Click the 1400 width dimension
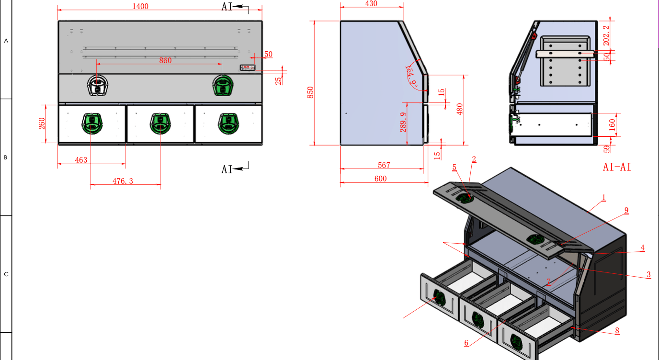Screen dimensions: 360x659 141,6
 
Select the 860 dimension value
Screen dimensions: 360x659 165,60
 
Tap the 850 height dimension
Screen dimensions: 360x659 310,92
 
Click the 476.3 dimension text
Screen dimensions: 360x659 123,181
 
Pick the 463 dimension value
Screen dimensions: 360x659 81,160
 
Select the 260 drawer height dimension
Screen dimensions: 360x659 42,124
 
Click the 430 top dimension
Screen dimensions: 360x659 371,4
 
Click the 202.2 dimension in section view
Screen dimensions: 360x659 607,34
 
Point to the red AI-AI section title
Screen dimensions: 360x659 617,167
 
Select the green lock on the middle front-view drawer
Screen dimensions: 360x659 159,123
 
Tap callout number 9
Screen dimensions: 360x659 626,210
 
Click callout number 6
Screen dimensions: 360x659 466,343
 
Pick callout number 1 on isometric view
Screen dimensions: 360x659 604,197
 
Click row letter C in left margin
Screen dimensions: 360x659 6,274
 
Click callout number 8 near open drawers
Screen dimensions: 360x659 617,330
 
